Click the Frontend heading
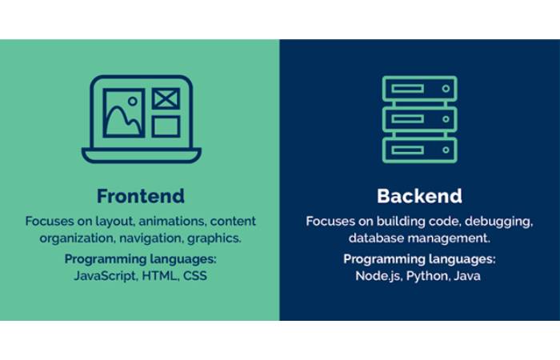pos(140,196)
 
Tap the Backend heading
pos(419,196)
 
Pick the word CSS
pos(195,277)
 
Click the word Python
pos(429,277)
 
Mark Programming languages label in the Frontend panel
pos(141,260)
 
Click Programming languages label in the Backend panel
pos(419,260)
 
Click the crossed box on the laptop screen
pos(166,99)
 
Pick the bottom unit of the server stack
pos(419,150)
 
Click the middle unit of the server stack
pos(419,120)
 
